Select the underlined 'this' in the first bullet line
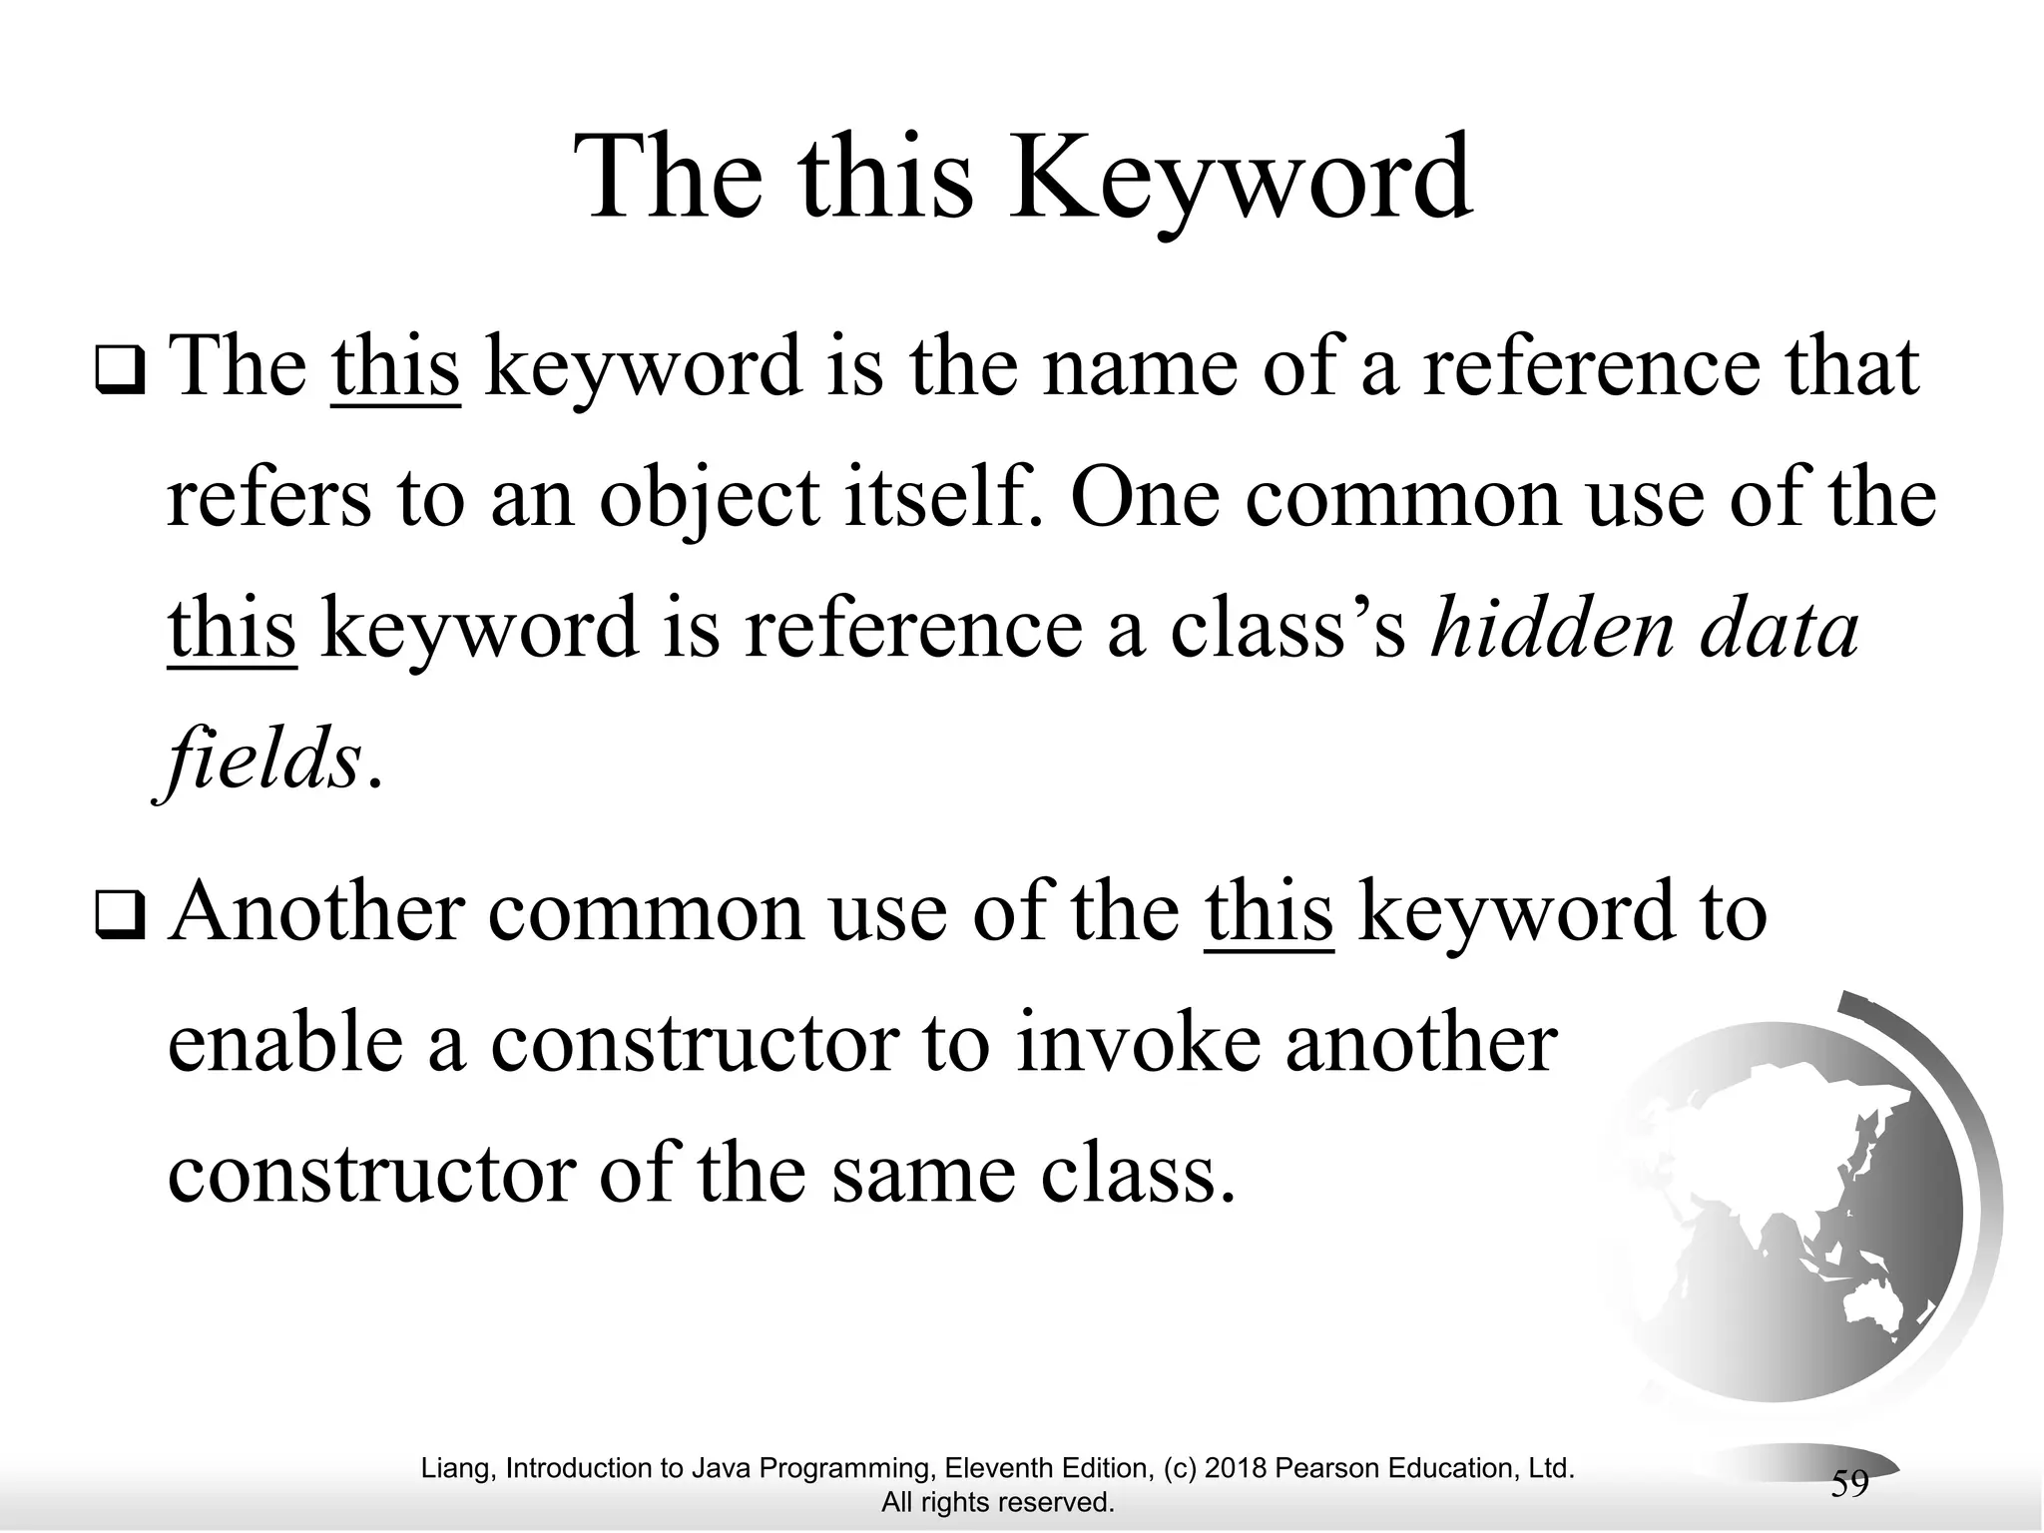(395, 367)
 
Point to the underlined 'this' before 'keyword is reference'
(232, 629)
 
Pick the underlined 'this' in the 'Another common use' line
(1269, 911)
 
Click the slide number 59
(1849, 1484)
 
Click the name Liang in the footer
(457, 1469)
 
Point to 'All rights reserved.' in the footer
(997, 1502)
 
